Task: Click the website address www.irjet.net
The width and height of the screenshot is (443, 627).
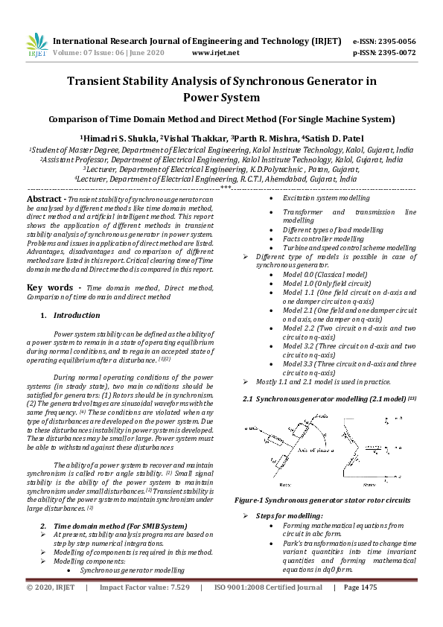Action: pos(215,53)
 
